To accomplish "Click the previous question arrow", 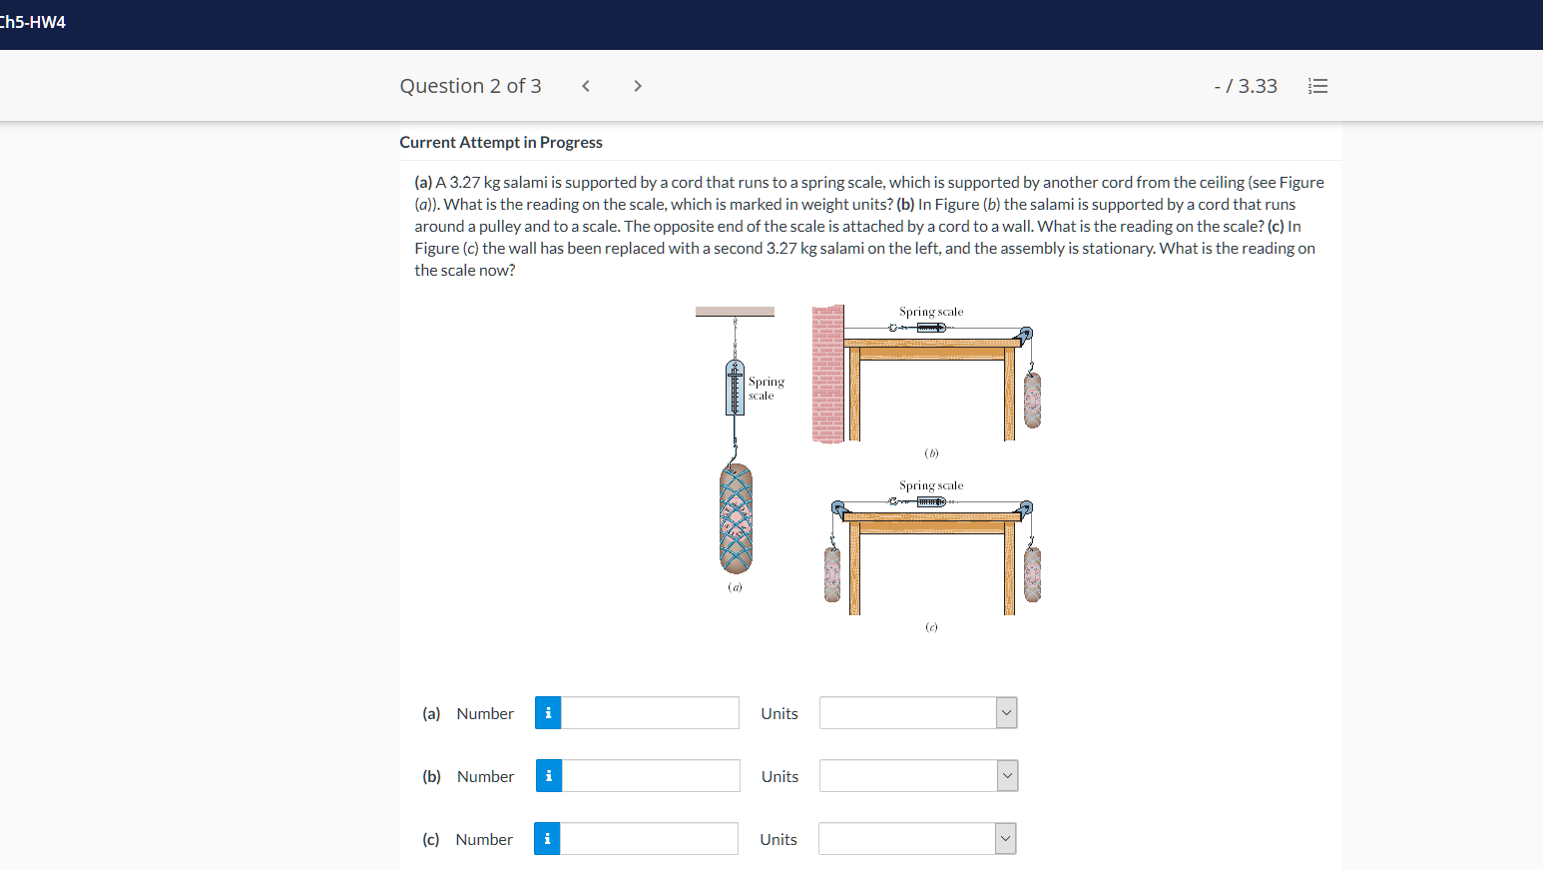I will [586, 86].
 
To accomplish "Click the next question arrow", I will [638, 86].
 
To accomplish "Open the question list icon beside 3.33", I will [1317, 86].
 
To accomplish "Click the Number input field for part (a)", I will [650, 713].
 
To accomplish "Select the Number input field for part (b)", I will [650, 776].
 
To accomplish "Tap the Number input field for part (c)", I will [649, 839].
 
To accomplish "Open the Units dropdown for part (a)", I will [917, 713].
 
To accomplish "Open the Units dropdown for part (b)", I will [918, 776].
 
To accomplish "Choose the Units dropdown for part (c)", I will [917, 839].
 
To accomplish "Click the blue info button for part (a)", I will [548, 713].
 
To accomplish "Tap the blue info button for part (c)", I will [547, 839].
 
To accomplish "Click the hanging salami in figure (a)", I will [736, 518].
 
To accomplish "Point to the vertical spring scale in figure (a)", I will [735, 389].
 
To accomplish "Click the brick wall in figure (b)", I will [827, 374].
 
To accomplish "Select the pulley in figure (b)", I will [1025, 334].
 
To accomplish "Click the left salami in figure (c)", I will [832, 574].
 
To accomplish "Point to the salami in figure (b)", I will [1032, 400].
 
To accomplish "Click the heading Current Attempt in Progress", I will [501, 142].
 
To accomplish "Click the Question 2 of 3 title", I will [470, 86].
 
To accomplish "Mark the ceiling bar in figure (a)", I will [735, 312].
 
